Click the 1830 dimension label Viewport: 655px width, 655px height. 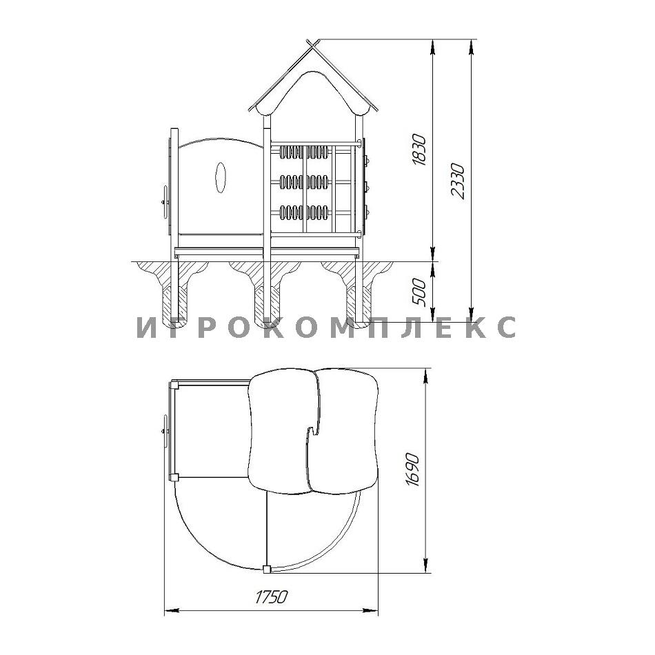tap(419, 150)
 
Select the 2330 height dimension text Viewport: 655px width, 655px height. tap(458, 181)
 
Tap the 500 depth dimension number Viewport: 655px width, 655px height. tap(419, 292)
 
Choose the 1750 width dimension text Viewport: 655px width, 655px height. tap(271, 597)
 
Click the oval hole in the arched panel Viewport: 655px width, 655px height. tap(220, 177)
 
